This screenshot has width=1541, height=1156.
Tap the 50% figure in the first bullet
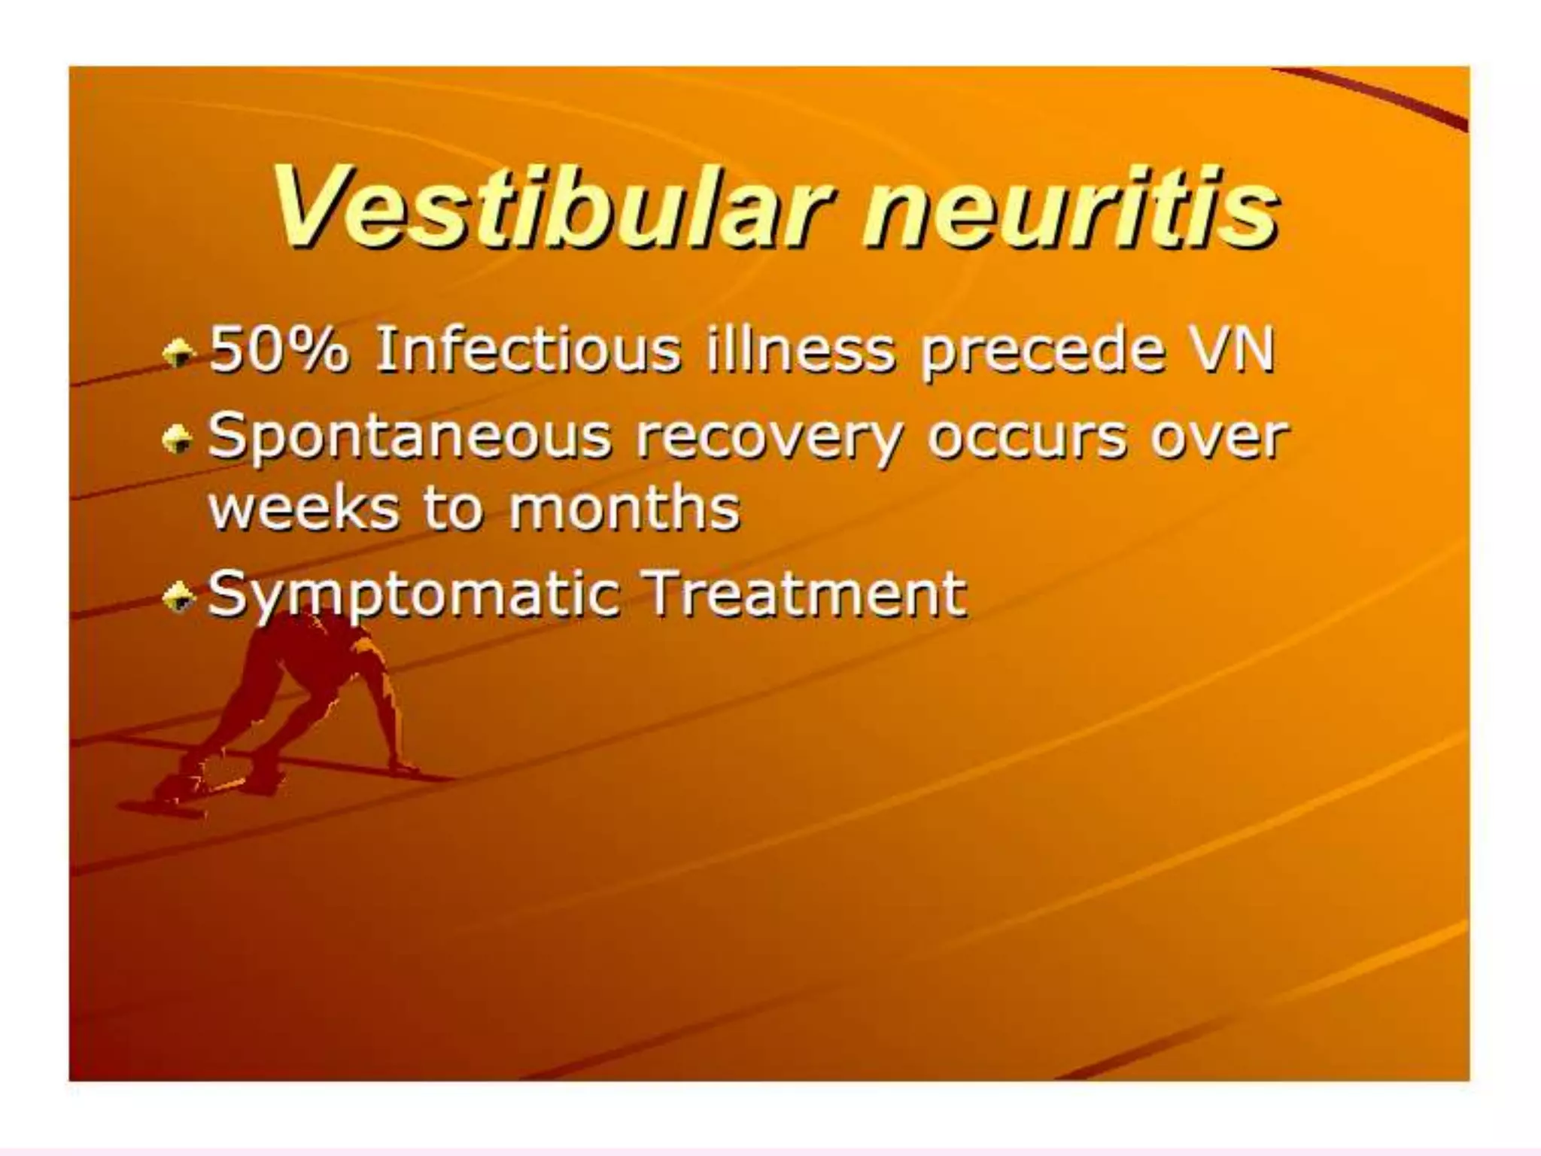pyautogui.click(x=278, y=349)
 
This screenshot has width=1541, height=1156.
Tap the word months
pyautogui.click(x=625, y=507)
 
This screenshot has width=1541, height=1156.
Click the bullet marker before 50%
pyautogui.click(x=179, y=351)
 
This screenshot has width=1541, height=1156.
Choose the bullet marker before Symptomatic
pyautogui.click(x=179, y=598)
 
